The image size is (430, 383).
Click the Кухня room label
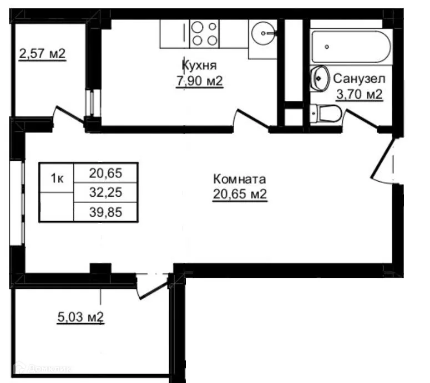click(x=191, y=66)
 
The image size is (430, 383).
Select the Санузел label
click(x=359, y=79)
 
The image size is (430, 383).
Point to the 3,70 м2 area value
click(x=359, y=95)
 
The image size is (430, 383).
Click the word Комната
click(x=240, y=179)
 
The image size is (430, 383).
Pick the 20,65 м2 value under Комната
click(x=240, y=195)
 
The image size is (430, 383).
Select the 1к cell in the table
click(x=56, y=178)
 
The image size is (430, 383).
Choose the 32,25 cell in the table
click(x=105, y=192)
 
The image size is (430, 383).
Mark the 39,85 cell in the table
click(x=105, y=211)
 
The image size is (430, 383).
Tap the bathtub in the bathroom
click(x=351, y=47)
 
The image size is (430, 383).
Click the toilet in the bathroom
click(x=326, y=115)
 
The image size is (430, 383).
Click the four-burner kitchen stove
click(x=204, y=33)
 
